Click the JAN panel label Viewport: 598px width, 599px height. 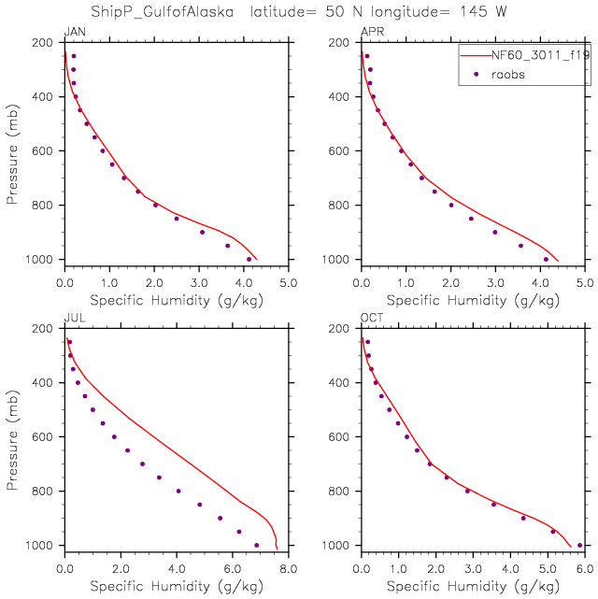tap(73, 33)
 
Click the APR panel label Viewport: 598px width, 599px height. tap(371, 33)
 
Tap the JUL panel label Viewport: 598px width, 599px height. tap(73, 319)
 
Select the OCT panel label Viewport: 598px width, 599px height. tap(371, 319)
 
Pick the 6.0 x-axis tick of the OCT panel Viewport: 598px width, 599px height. tap(584, 567)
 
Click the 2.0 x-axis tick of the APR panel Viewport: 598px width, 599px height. tap(450, 281)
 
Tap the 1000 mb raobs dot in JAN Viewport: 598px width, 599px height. tap(249, 259)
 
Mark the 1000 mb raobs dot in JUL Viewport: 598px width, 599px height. tap(256, 545)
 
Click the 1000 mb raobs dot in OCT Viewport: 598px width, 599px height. tap(579, 545)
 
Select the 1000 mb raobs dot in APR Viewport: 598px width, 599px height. tap(546, 259)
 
